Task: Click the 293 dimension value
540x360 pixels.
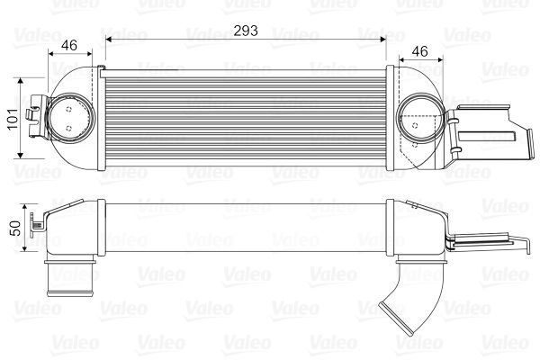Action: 246,30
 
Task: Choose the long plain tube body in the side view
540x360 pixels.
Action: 245,229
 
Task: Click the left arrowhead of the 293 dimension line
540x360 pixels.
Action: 108,40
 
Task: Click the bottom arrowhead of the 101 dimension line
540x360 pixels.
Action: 22,159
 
